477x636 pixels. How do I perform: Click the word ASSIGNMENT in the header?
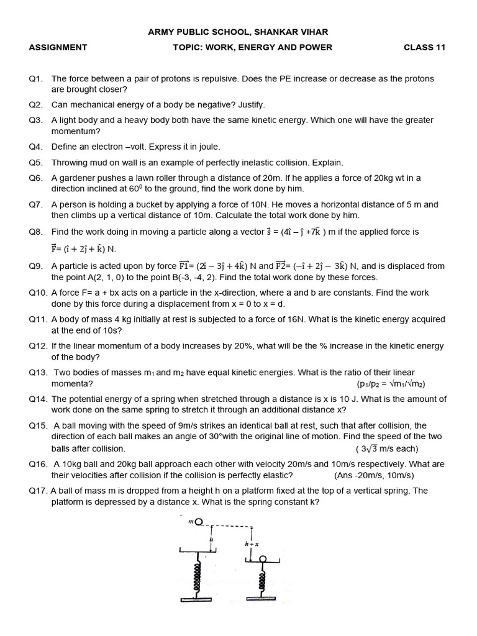tap(58, 47)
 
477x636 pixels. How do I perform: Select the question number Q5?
tap(35, 163)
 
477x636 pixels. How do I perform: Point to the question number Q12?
tap(37, 346)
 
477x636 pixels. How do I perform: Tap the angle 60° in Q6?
tap(147, 189)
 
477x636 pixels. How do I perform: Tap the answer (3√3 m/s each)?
tap(387, 448)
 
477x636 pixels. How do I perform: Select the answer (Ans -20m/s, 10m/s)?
tap(374, 475)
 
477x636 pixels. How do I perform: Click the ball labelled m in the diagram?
tap(199, 522)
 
